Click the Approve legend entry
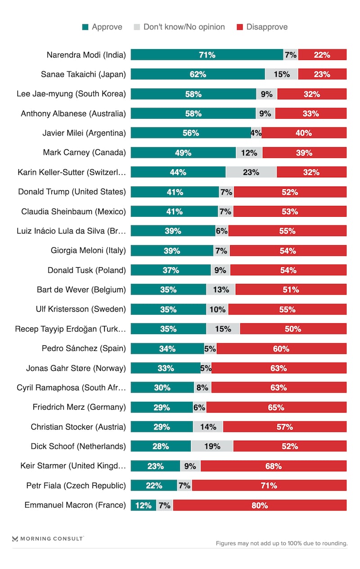click(102, 27)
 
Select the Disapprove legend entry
click(262, 27)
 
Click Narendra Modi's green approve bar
click(207, 55)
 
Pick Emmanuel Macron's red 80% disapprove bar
click(260, 505)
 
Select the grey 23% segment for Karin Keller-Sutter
click(251, 172)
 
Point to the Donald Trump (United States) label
click(72, 192)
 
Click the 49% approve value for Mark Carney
click(183, 152)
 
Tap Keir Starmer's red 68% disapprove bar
click(274, 466)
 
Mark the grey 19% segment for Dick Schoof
click(212, 446)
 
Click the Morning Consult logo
click(48, 538)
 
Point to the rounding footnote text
click(282, 543)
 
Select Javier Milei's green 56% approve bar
click(191, 133)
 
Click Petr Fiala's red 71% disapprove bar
click(269, 485)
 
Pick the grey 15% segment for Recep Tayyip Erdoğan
click(223, 329)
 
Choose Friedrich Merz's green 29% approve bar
click(162, 407)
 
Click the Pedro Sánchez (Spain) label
click(84, 348)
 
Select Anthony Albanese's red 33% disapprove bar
click(310, 113)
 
